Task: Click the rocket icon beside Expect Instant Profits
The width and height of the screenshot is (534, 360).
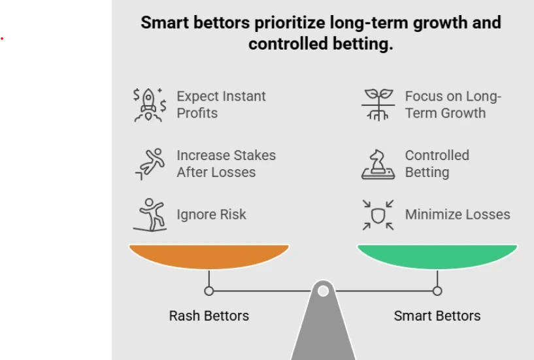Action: point(150,105)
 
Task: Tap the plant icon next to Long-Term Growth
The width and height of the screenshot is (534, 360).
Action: point(378,105)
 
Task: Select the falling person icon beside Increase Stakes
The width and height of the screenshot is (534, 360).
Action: point(150,164)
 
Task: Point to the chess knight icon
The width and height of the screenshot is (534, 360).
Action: point(378,164)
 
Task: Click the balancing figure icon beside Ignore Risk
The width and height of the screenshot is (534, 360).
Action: point(150,214)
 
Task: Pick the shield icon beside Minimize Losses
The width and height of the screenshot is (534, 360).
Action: point(378,215)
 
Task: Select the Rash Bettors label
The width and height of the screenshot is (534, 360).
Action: point(209,316)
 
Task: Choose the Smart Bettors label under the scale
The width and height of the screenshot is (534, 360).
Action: point(437,316)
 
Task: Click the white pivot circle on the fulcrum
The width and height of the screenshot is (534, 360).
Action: point(323,291)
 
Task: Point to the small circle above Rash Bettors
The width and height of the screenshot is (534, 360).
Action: point(209,291)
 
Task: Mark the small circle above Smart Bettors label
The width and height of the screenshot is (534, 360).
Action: point(437,291)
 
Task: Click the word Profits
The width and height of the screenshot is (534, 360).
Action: point(197,113)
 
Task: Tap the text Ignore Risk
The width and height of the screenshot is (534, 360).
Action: point(211,214)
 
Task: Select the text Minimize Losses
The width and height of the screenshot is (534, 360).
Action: point(457,214)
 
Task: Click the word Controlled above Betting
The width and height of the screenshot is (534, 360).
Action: point(437,155)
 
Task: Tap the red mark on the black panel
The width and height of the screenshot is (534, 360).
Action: point(2,39)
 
